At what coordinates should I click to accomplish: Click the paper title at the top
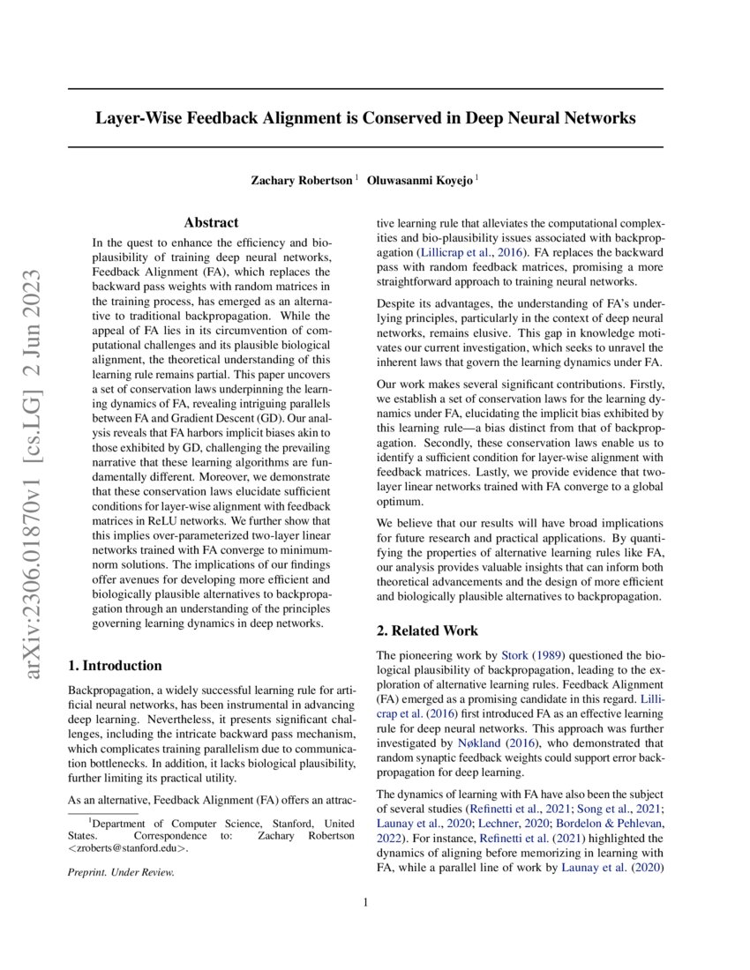pyautogui.click(x=365, y=118)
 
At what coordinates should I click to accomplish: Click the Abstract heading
pyautogui.click(x=211, y=223)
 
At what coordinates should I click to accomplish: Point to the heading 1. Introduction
pyautogui.click(x=116, y=666)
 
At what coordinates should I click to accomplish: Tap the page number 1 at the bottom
pyautogui.click(x=365, y=902)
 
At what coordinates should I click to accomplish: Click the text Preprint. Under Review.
pyautogui.click(x=121, y=872)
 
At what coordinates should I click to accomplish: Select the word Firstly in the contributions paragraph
pyautogui.click(x=644, y=388)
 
